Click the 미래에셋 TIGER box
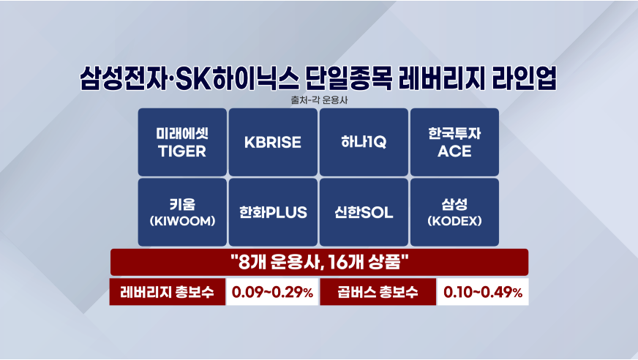pos(182,142)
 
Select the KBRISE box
pos(273,142)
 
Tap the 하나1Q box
pos(364,142)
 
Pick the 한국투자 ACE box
pos(454,142)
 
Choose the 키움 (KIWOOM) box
pos(182,212)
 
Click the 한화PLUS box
pos(273,212)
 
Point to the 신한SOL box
pos(364,212)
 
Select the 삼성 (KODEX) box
pos(454,212)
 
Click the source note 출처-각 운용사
pos(319,100)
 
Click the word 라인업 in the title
pos(524,78)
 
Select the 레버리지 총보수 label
pos(168,292)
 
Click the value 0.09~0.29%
pos(272,292)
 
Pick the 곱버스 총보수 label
pos(378,292)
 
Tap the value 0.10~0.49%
pos(483,292)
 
